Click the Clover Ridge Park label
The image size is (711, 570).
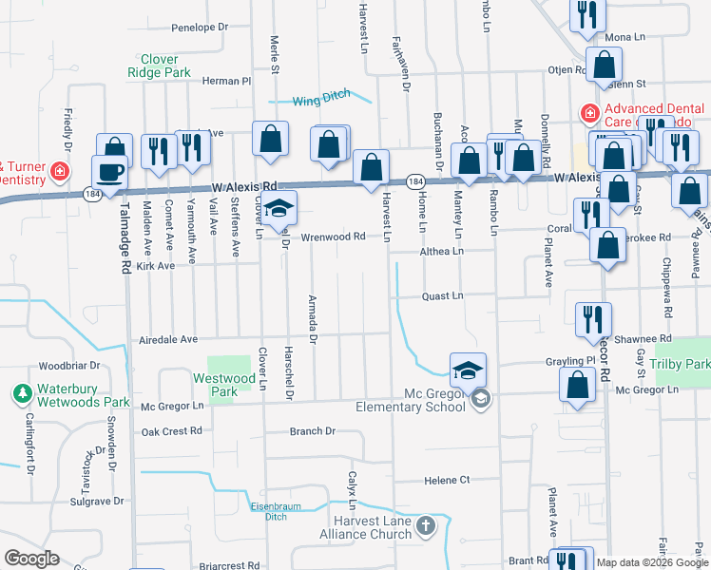[x=160, y=66]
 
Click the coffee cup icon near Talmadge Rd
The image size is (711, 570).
[x=110, y=172]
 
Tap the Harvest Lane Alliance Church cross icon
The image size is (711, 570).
[x=426, y=525]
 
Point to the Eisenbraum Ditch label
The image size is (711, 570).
[x=269, y=511]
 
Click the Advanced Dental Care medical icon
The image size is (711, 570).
[x=589, y=114]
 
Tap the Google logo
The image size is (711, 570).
[x=31, y=558]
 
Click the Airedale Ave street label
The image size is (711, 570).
[x=167, y=339]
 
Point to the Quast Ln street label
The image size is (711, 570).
[x=442, y=296]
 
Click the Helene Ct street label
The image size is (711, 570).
[x=448, y=481]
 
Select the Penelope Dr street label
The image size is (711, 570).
[x=198, y=28]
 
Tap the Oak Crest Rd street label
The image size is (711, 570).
[x=172, y=430]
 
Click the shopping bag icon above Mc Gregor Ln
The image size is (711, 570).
[x=577, y=384]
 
